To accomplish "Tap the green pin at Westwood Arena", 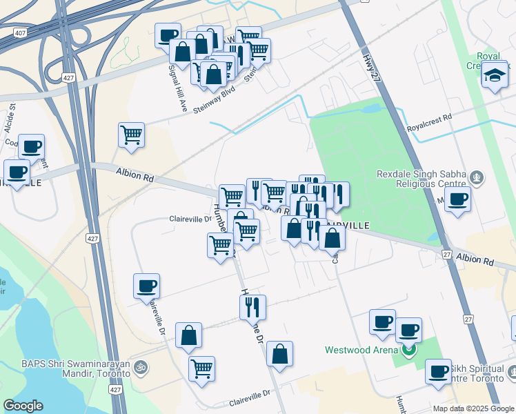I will (x=409, y=350).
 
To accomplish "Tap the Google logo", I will (x=23, y=406).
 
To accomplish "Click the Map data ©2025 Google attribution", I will (x=473, y=408).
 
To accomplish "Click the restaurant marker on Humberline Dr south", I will (x=252, y=305).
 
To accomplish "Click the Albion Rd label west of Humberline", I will (x=135, y=175).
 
